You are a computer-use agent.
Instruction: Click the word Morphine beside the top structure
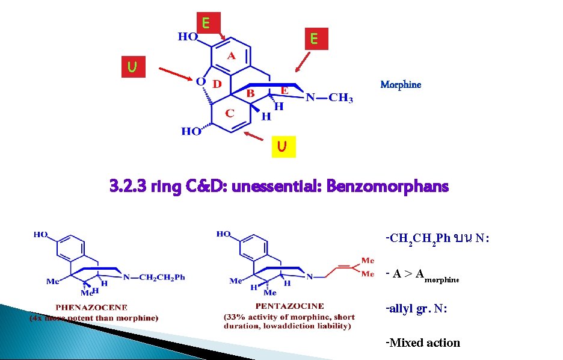click(401, 85)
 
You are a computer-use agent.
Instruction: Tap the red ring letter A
click(232, 56)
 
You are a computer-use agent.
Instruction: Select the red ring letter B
click(250, 93)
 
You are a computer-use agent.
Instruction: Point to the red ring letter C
click(230, 113)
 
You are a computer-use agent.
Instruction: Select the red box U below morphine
click(281, 146)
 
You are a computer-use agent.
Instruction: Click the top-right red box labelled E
click(314, 40)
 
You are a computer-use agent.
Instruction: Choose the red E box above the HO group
click(206, 23)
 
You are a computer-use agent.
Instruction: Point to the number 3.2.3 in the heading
click(128, 186)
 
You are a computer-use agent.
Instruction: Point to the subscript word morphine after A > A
click(441, 279)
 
